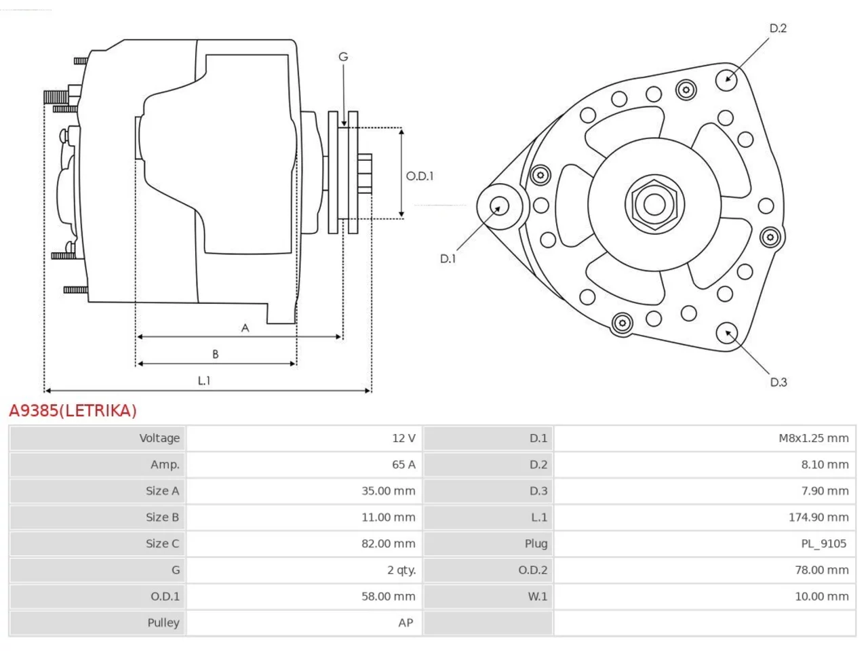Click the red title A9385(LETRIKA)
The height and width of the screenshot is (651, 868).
[x=73, y=411]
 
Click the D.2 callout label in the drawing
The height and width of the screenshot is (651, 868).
[x=778, y=28]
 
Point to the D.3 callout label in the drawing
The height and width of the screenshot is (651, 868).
[x=778, y=382]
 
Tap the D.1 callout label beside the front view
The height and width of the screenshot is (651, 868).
[x=448, y=259]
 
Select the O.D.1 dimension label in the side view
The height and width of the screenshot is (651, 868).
[x=420, y=176]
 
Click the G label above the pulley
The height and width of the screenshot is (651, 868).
[x=343, y=57]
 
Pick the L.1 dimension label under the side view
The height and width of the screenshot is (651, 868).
[x=204, y=380]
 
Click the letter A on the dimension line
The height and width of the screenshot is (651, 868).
[x=245, y=328]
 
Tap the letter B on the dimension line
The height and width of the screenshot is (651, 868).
[x=215, y=354]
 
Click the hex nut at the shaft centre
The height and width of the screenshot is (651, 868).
[x=654, y=204]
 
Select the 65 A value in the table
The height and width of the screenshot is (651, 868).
[x=403, y=465]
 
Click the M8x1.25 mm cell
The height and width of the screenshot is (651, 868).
[x=814, y=438]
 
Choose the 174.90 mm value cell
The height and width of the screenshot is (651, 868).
[x=818, y=517]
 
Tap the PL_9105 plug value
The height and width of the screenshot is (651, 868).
[x=824, y=543]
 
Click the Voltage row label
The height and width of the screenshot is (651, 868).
[x=159, y=438]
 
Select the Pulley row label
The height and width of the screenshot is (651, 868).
[x=163, y=623]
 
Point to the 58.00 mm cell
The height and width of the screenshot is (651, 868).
[x=389, y=596]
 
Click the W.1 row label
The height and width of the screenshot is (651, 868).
[x=538, y=596]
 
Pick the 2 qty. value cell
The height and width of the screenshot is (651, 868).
[x=401, y=570]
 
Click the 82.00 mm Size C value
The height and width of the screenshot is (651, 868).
[x=389, y=543]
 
